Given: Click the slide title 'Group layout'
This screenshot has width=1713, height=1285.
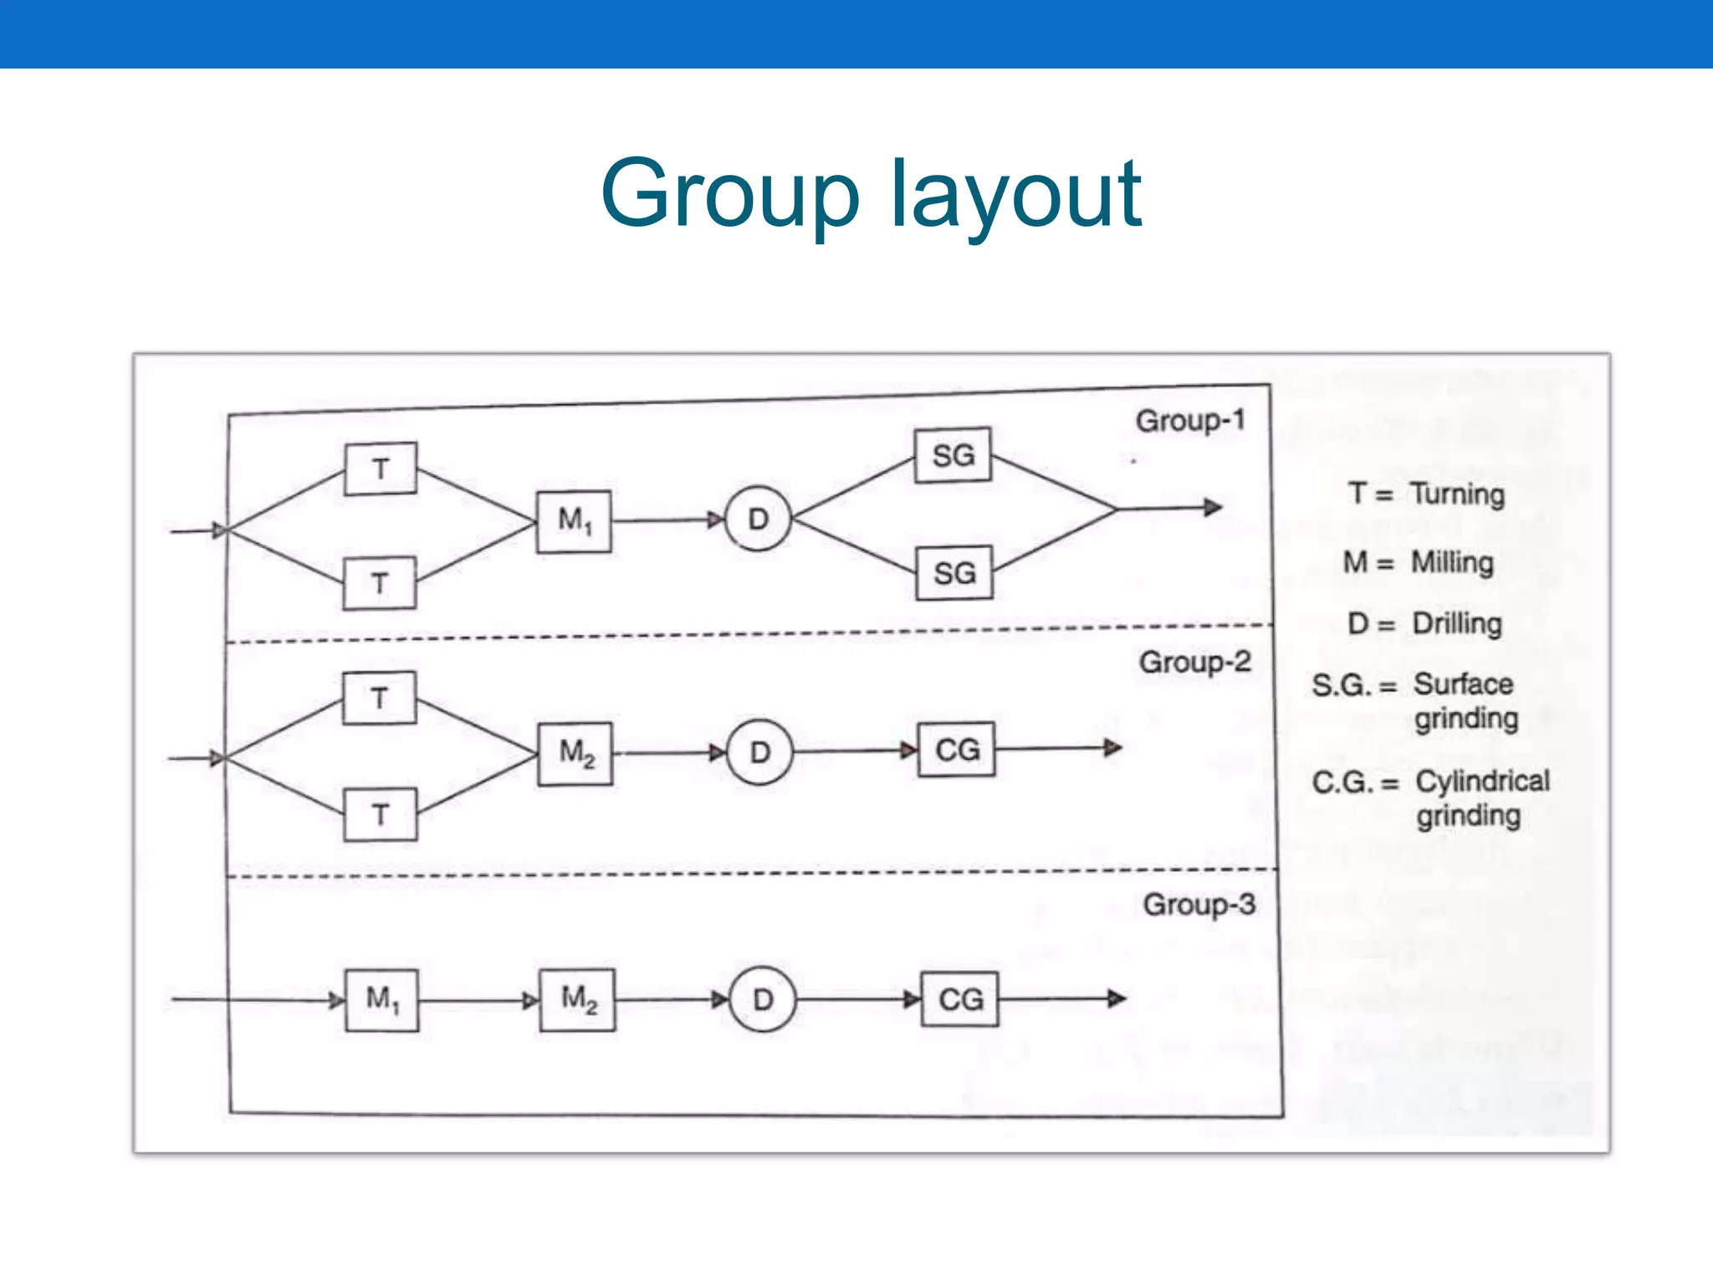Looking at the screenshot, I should pos(870,195).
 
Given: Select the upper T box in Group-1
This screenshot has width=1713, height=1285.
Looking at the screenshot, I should pos(381,469).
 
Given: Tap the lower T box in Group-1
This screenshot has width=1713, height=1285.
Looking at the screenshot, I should pos(380,583).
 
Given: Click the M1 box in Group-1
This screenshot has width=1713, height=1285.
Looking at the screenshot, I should pos(574,521).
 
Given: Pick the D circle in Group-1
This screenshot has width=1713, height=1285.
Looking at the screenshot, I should pos(758,519).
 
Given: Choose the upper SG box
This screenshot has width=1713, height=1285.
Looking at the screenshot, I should pos(954,456).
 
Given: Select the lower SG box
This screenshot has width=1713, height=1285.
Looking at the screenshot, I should pos(954,573).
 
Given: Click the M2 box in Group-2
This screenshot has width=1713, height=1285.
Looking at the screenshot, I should pos(575,753).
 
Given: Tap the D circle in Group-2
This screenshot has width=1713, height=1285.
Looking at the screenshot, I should pos(759,752).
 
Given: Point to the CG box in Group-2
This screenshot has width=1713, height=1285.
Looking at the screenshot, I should pos(957,750).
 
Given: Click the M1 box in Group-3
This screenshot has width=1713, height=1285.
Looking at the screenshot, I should pos(382,1000).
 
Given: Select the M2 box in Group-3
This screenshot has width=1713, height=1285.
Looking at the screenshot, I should pos(578,1000).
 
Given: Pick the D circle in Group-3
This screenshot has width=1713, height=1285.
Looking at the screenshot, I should pos(762,1000).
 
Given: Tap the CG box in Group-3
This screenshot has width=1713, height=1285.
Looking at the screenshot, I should pos(960,999).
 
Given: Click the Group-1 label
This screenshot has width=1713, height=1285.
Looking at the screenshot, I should pos(1190,421).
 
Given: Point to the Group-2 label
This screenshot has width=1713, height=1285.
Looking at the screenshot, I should pos(1194,663).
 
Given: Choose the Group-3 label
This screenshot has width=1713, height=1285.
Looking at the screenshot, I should pos(1199,904).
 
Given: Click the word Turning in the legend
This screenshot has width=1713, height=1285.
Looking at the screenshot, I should pos(1458,494).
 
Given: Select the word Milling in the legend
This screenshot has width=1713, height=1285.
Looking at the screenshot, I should pos(1452,562).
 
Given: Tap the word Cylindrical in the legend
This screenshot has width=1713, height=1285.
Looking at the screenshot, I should pos(1482,781).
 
